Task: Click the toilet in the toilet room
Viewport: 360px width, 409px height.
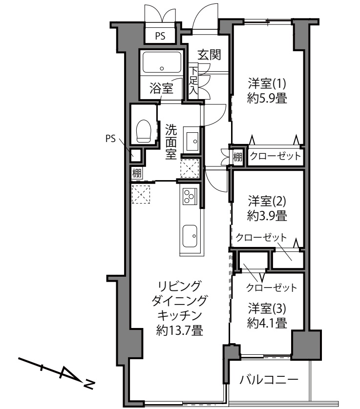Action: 144,131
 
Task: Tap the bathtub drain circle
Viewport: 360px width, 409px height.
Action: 162,69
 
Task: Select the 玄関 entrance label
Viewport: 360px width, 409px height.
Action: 209,55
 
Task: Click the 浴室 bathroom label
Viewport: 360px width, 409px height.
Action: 161,88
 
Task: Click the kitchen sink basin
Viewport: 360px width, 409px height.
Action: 190,236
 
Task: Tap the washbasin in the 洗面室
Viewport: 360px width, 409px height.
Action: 192,141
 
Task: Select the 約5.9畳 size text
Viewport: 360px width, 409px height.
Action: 267,99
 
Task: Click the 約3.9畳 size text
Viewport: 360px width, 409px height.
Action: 267,216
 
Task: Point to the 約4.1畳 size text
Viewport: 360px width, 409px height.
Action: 267,323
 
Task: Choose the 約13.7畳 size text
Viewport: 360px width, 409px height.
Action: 180,330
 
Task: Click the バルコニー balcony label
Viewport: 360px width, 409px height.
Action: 269,380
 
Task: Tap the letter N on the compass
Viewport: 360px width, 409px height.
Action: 89,384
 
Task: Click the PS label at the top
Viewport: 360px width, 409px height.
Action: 160,36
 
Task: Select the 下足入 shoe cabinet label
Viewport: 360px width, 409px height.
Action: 193,81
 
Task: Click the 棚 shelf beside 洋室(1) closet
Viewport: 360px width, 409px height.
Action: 237,157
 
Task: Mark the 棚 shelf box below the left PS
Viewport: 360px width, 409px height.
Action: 137,173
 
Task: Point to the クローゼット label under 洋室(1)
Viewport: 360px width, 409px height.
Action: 275,156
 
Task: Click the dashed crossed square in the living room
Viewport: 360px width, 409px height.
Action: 141,194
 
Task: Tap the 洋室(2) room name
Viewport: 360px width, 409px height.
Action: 267,201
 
